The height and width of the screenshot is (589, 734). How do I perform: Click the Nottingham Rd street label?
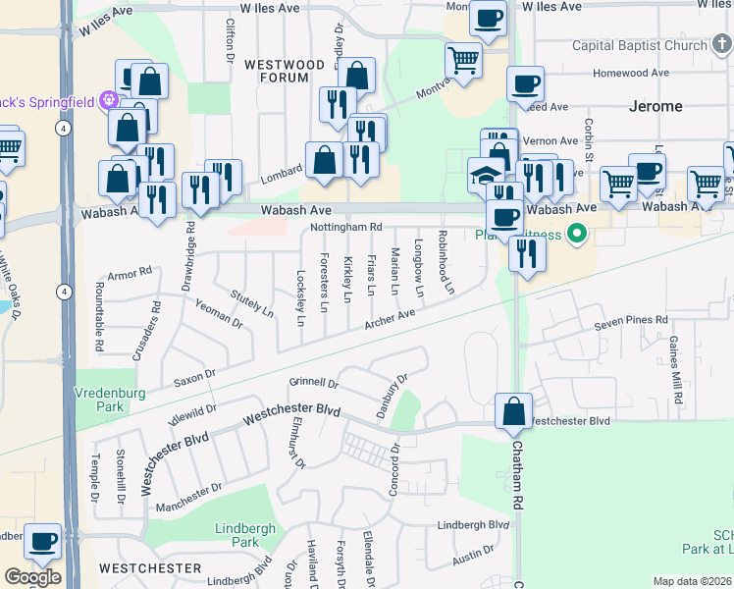click(342, 227)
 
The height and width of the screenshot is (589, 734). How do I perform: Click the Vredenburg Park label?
click(102, 399)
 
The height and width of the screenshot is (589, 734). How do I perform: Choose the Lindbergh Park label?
click(236, 535)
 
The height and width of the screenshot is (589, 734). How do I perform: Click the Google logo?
click(32, 577)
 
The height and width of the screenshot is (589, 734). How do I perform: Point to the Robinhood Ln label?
click(446, 263)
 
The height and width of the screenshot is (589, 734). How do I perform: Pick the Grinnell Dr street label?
click(313, 382)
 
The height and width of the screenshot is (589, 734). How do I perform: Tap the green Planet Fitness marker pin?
click(577, 234)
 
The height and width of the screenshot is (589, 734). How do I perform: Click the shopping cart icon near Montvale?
click(463, 60)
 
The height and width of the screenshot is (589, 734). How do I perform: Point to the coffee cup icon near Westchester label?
click(43, 540)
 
